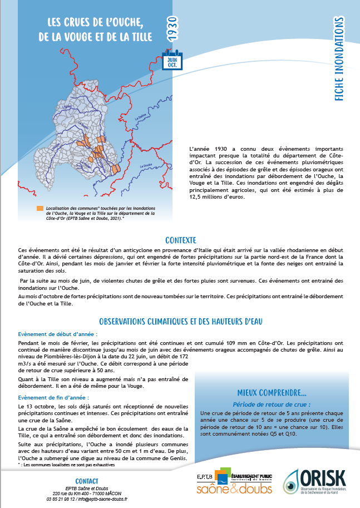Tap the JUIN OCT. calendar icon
pyautogui.click(x=171, y=61)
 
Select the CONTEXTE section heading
pyautogui.click(x=180, y=240)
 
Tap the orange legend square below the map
pyautogui.click(x=40, y=209)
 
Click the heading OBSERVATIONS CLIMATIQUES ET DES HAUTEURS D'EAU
pyautogui.click(x=180, y=321)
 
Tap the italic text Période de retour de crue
pyautogui.click(x=272, y=404)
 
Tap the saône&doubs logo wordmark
pyautogui.click(x=226, y=489)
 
